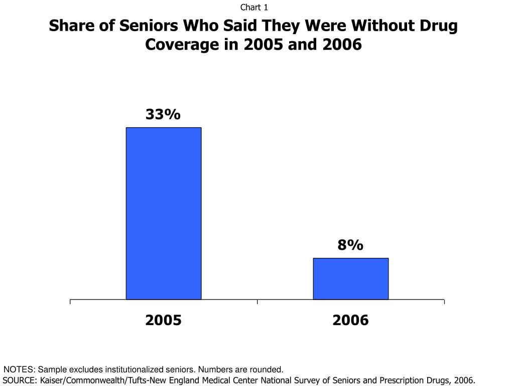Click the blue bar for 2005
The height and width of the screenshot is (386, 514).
point(163,214)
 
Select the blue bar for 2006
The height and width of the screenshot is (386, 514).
point(350,279)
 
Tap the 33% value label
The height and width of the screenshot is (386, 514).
point(163,115)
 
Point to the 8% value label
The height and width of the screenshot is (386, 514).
point(350,245)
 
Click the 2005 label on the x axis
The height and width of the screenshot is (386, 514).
point(163,320)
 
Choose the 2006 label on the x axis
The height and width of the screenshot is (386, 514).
point(350,320)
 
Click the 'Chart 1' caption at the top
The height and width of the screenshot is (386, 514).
point(254,7)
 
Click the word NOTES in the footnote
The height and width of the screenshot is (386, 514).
point(19,369)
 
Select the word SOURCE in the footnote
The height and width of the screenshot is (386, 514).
point(19,380)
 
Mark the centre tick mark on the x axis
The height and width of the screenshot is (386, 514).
point(257,302)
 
